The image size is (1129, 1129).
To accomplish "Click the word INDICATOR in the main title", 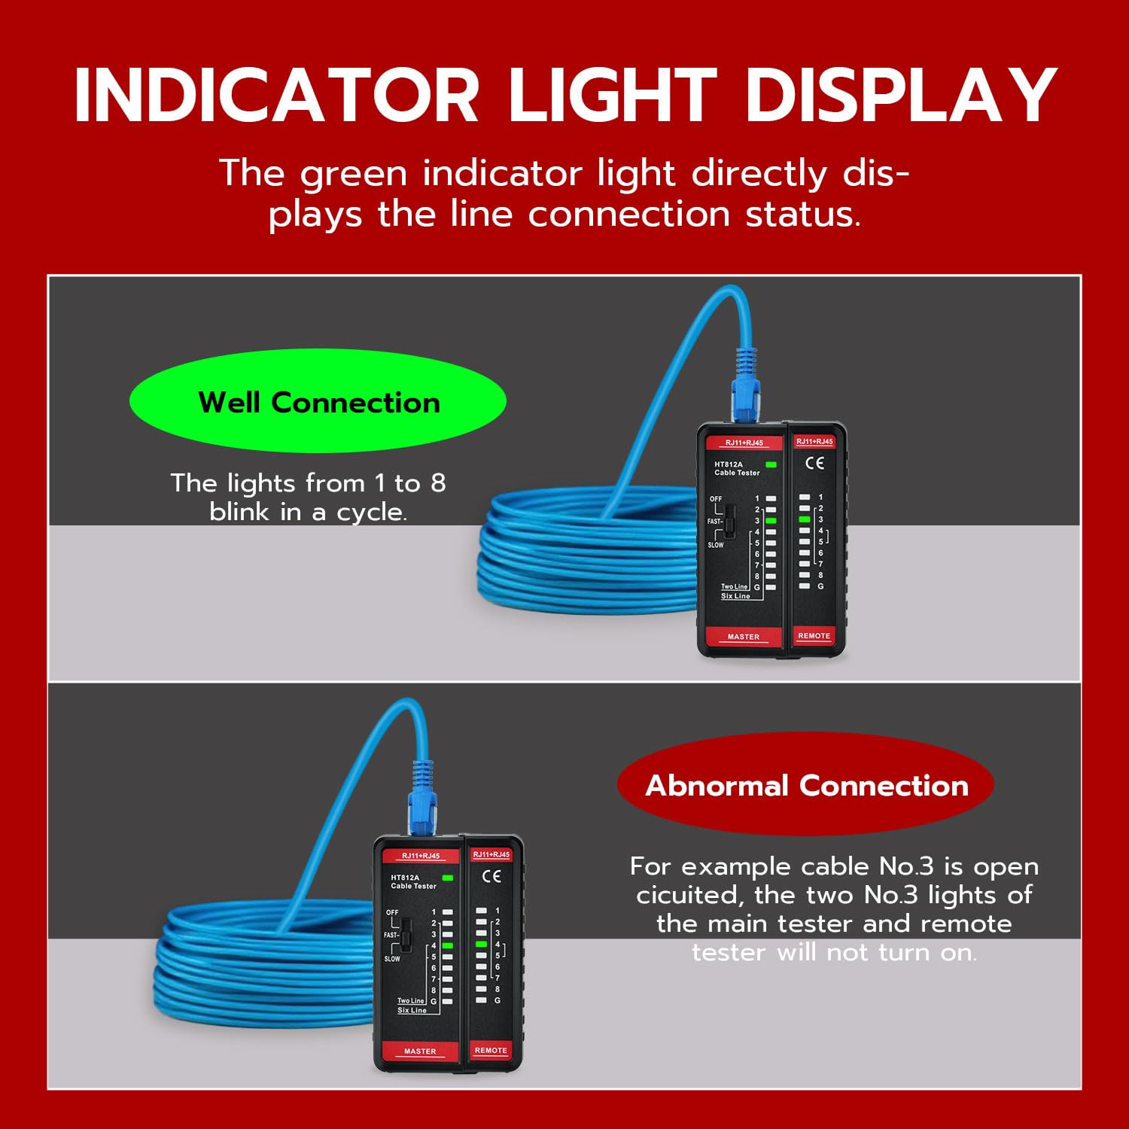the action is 276,95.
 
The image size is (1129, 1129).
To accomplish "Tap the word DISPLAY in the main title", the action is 900,95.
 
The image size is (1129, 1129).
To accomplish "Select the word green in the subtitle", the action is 353,175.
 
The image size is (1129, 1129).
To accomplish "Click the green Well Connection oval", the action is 318,400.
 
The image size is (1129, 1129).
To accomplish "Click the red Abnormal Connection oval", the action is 805,784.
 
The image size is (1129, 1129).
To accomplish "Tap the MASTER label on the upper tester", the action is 744,637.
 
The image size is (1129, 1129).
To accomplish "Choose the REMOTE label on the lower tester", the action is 491,1050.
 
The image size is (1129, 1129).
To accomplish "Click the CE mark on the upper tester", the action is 815,463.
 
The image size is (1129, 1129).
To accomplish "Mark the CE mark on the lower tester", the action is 491,876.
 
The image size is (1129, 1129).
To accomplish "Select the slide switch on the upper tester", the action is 729,520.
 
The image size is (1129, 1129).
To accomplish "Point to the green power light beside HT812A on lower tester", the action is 448,878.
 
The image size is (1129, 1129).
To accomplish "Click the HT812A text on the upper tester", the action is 728,464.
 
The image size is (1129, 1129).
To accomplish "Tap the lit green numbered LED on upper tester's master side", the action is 771,521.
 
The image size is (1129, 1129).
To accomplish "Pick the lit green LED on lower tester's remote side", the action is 482,944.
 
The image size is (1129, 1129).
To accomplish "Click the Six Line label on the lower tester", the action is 412,1010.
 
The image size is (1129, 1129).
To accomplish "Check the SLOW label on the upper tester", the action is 716,545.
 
